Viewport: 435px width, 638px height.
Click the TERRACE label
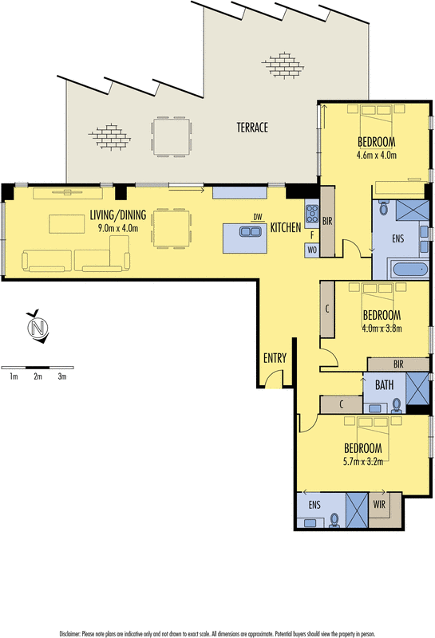click(x=252, y=128)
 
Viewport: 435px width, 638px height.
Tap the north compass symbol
click(x=38, y=327)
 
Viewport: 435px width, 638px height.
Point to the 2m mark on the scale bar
click(x=38, y=376)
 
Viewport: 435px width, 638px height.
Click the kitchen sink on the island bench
click(x=249, y=231)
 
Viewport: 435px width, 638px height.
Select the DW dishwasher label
click(x=258, y=217)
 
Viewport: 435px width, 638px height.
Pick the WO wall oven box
click(x=312, y=250)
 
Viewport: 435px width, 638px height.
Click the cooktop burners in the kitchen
click(x=312, y=212)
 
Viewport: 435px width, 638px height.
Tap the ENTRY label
click(x=275, y=358)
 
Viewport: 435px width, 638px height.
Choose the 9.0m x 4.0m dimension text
click(x=117, y=228)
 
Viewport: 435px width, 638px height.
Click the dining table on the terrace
click(x=172, y=136)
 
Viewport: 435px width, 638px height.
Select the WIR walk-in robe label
click(x=379, y=505)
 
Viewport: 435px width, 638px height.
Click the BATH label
click(x=384, y=385)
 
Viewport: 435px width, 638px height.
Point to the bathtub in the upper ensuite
click(x=409, y=270)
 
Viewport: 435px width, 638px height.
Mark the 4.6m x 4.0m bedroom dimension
click(x=377, y=155)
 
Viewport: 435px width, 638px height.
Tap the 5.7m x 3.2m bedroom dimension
click(x=363, y=462)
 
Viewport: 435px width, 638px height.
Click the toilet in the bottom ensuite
click(x=334, y=521)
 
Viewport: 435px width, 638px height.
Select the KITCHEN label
click(x=286, y=227)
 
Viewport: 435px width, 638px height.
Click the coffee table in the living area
click(x=67, y=224)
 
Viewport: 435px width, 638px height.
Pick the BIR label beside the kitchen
click(x=327, y=222)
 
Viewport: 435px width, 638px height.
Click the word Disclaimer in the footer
click(x=69, y=634)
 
